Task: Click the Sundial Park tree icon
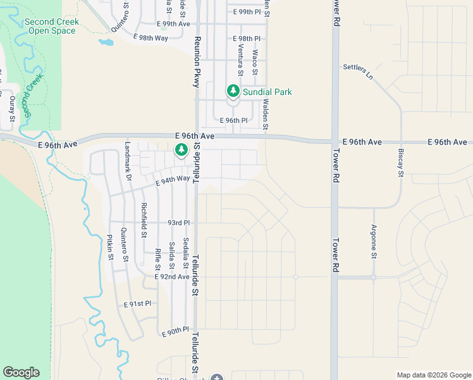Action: tap(234, 92)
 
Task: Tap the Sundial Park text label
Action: tap(267, 92)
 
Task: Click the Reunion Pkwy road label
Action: tap(197, 62)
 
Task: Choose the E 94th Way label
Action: tap(173, 179)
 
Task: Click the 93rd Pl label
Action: tap(178, 223)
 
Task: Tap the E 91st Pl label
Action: tap(137, 304)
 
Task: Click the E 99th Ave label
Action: tap(174, 23)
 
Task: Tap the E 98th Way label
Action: tap(150, 38)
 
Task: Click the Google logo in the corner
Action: tap(21, 372)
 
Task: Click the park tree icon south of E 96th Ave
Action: tap(181, 150)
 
